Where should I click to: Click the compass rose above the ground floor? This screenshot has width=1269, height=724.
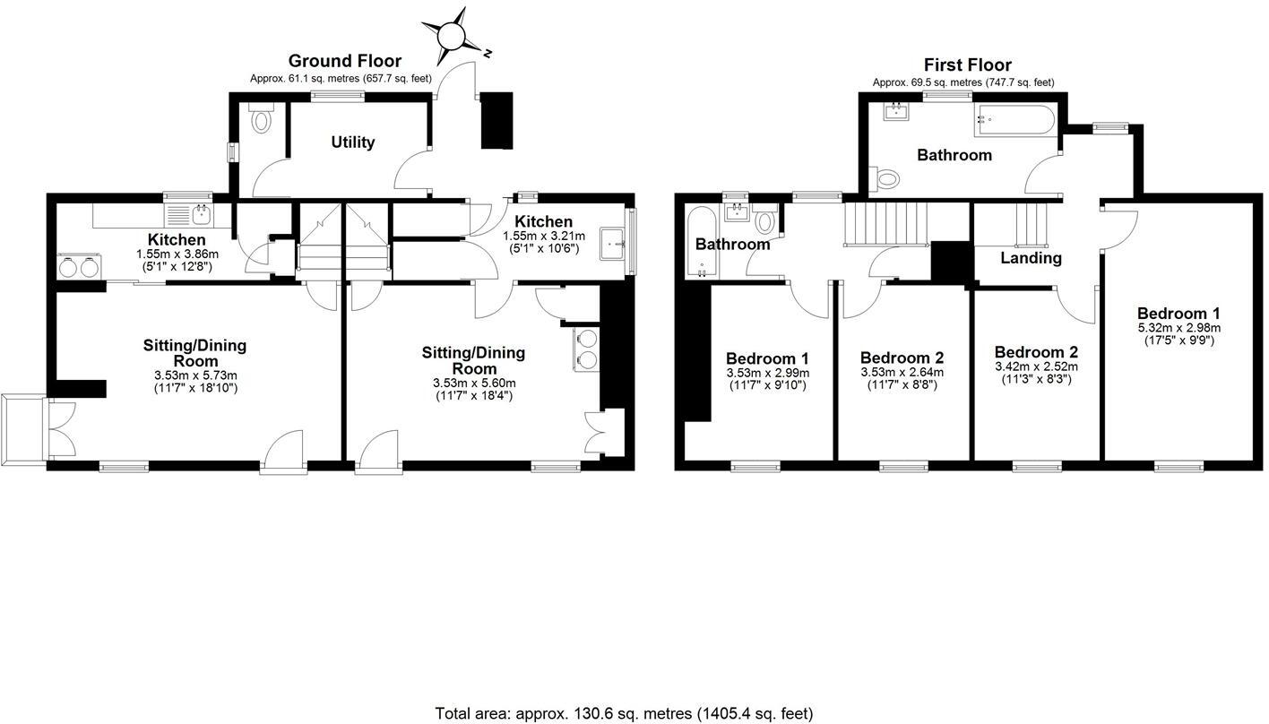(453, 36)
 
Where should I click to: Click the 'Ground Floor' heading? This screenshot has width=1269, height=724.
(344, 61)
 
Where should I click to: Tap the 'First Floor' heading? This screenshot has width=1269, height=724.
(967, 65)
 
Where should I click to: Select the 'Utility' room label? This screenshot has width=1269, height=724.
(352, 142)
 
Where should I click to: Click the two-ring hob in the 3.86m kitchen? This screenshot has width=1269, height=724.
(77, 267)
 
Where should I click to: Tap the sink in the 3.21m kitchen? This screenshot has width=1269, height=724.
(615, 241)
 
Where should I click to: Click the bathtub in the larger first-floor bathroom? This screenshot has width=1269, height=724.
(1016, 121)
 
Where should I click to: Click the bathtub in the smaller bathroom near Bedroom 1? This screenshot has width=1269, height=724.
(701, 242)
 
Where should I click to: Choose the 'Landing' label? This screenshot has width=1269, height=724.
(1031, 258)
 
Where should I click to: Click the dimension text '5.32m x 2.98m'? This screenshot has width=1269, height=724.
(1178, 327)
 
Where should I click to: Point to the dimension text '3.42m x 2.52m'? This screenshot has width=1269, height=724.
(1036, 366)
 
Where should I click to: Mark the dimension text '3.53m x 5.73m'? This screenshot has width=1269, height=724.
(194, 375)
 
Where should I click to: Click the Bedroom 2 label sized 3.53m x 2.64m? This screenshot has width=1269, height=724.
(901, 358)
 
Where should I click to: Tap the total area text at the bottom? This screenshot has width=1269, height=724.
(624, 713)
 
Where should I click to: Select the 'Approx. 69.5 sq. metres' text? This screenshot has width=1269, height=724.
(963, 82)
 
